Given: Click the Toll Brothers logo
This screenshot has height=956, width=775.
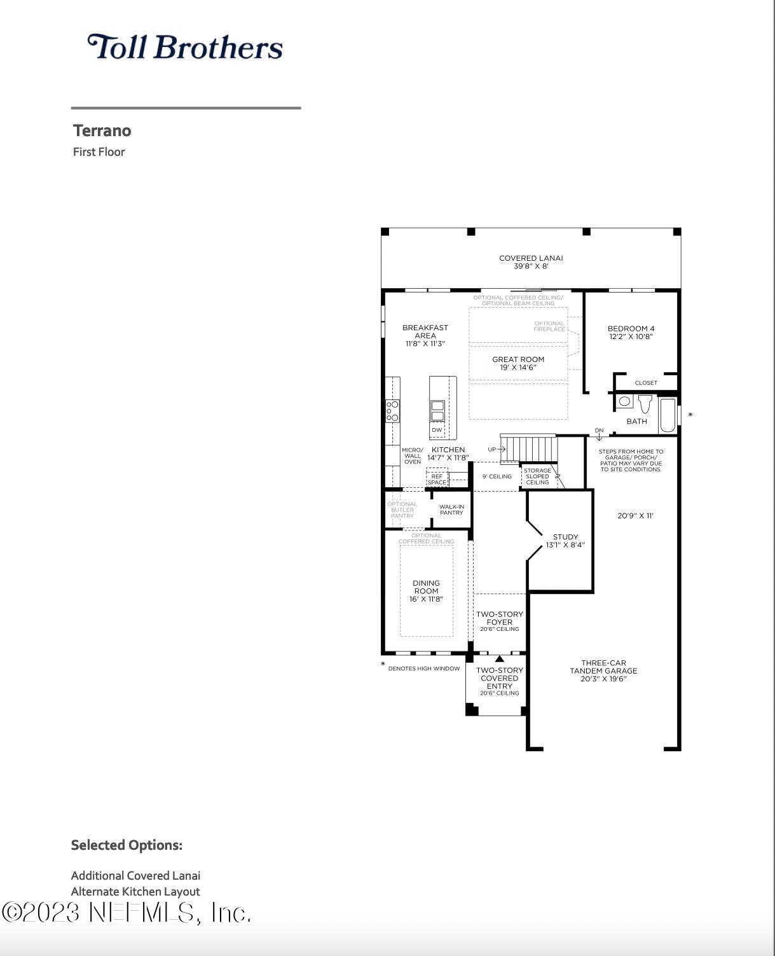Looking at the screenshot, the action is [x=185, y=46].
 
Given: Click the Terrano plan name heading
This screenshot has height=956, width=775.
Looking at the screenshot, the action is [x=102, y=130].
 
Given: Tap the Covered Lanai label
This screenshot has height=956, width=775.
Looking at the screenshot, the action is [x=531, y=261].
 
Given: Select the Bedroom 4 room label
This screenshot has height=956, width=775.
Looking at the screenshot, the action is [x=631, y=332].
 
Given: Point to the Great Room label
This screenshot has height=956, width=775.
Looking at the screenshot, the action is [x=518, y=363].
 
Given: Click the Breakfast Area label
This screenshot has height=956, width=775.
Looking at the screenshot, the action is [x=425, y=335].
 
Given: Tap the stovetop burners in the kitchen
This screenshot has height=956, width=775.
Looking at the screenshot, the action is [x=392, y=411].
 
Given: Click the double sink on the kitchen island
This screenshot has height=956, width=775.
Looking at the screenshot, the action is [x=438, y=411].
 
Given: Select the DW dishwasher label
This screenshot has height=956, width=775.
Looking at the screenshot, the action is [x=437, y=430].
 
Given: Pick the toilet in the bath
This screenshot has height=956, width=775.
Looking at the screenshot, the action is [x=645, y=403].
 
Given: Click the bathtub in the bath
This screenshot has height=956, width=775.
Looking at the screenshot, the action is [x=668, y=415].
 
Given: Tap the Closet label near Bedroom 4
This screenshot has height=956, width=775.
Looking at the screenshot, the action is [x=646, y=383].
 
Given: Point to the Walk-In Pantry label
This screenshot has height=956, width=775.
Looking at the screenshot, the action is [x=451, y=509].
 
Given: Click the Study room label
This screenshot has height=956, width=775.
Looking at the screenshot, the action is [x=565, y=541].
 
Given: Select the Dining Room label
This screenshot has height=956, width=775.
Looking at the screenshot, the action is [x=426, y=591].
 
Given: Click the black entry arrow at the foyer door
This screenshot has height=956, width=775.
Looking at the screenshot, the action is [x=500, y=658].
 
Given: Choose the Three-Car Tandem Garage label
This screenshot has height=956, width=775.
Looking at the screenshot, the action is [x=603, y=670].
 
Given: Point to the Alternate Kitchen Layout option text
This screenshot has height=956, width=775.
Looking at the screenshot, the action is [x=135, y=891].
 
